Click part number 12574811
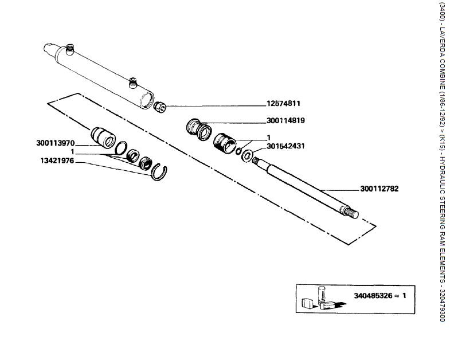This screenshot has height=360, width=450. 283,104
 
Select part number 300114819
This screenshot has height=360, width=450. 285,121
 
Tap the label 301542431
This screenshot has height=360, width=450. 285,146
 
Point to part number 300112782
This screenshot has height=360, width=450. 379,188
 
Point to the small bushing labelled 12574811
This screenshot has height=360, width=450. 161,107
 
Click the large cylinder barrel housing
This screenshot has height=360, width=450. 103,75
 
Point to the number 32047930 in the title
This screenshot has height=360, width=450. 441,302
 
